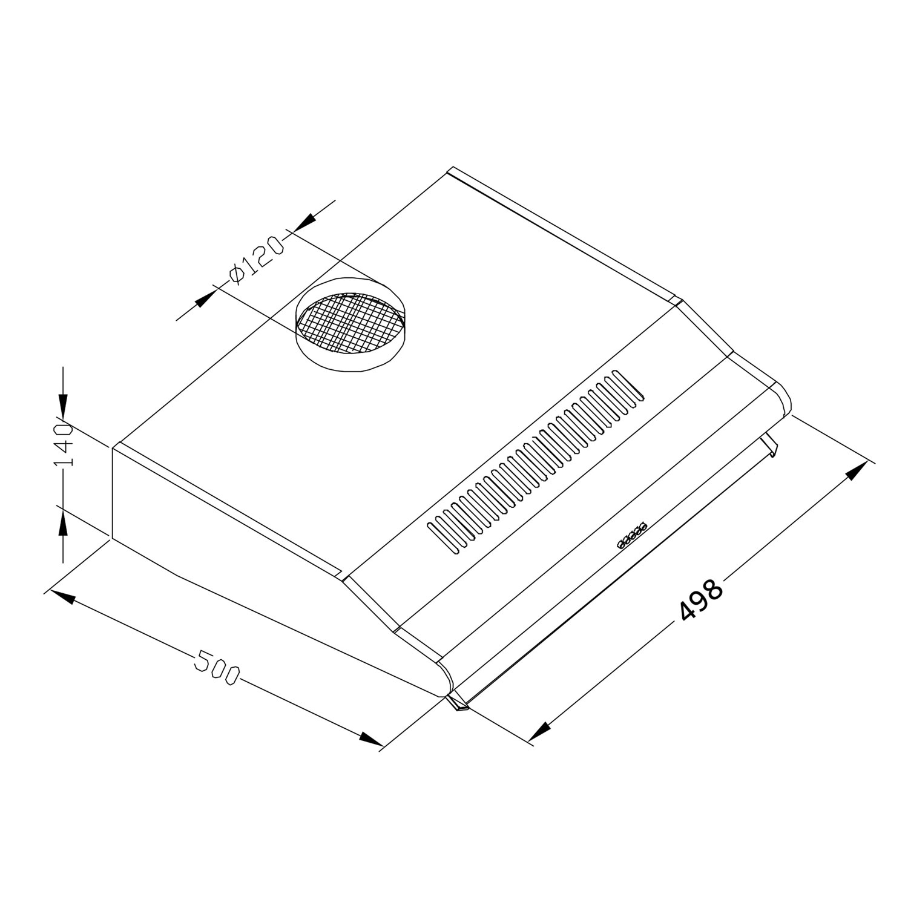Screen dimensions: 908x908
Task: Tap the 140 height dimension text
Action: coord(64,445)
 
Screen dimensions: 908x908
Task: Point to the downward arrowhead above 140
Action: coord(64,403)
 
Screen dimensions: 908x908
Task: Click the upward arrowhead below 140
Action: coord(64,522)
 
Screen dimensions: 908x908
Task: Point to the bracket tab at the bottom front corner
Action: coord(458,705)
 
